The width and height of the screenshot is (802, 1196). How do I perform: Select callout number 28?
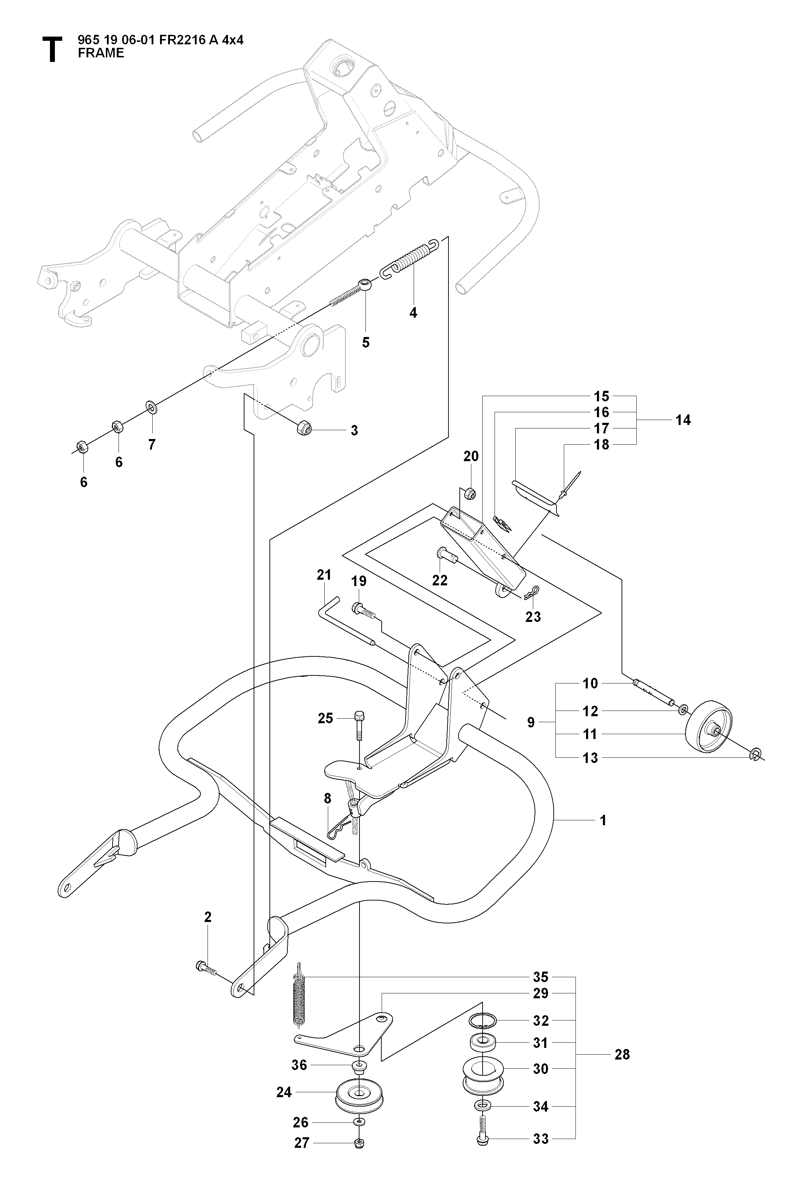coord(622,1054)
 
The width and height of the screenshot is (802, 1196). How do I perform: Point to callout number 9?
coord(531,722)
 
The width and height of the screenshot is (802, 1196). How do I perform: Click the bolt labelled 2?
coord(206,967)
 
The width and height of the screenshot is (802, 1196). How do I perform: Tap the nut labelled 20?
coord(471,494)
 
